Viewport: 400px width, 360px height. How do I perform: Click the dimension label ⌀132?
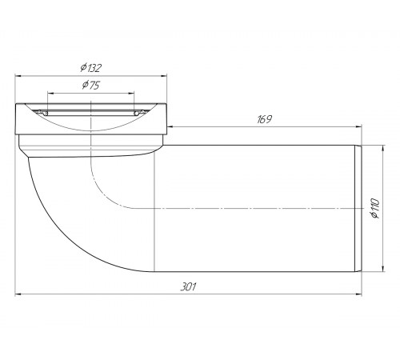pyautogui.click(x=91, y=68)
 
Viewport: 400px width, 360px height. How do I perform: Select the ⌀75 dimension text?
pyautogui.click(x=91, y=85)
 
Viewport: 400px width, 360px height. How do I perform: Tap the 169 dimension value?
pyautogui.click(x=264, y=119)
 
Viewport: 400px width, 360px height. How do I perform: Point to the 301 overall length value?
pyautogui.click(x=188, y=287)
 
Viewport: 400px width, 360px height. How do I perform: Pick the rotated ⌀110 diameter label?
pyautogui.click(x=375, y=208)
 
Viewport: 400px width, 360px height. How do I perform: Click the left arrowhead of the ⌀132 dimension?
pyautogui.click(x=18, y=76)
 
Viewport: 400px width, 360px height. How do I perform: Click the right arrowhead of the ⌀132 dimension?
pyautogui.click(x=164, y=76)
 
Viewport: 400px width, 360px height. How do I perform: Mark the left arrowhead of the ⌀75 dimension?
pyautogui.click(x=50, y=94)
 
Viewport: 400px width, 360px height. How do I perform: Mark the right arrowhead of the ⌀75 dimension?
pyautogui.click(x=131, y=94)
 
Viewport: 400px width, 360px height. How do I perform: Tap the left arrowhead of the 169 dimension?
pyautogui.click(x=170, y=127)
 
